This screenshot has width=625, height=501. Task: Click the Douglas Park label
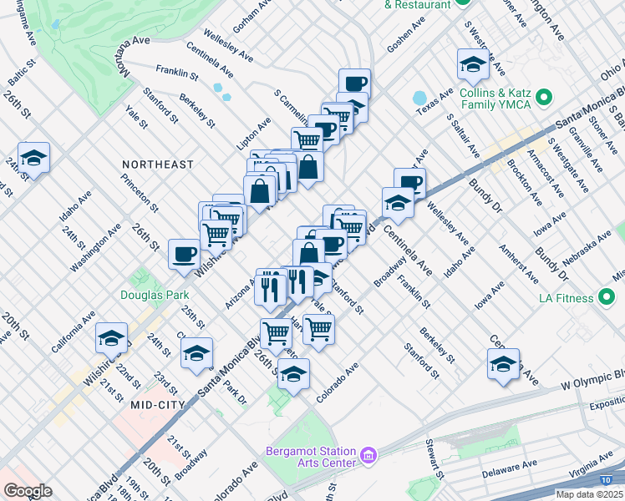pos(155,295)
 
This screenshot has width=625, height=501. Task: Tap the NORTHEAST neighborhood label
pos(157,165)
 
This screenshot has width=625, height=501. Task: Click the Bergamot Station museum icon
pos(369,457)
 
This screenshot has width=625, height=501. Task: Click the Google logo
pos(28,490)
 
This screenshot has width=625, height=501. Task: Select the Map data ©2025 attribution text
pos(590,494)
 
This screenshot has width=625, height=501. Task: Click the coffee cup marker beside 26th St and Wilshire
pos(184,254)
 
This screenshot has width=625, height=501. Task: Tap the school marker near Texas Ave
pos(473,64)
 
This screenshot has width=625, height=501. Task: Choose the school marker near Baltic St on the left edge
pos(33,157)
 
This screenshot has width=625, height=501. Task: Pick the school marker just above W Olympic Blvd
pos(503,364)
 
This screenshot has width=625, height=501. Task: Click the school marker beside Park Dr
pos(197,353)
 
